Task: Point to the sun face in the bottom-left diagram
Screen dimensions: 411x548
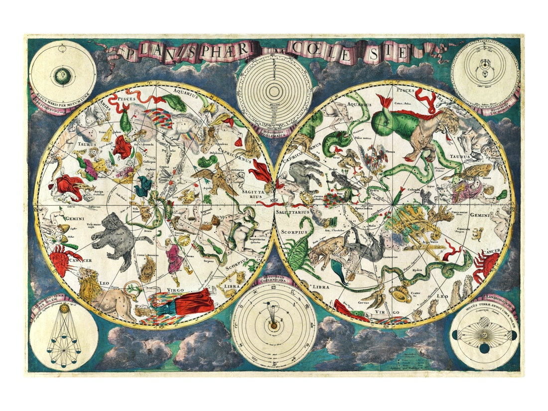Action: click(63, 310)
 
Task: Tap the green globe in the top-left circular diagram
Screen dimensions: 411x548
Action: click(62, 75)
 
